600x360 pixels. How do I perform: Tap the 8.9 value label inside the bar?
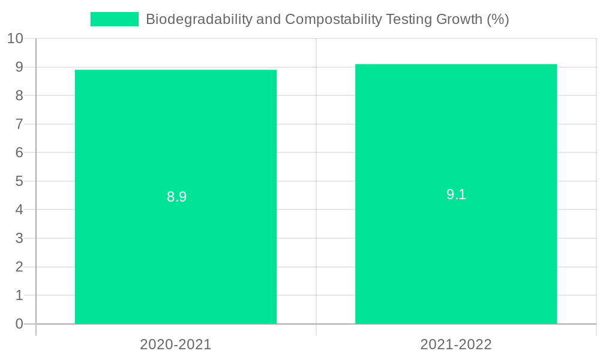(x=177, y=197)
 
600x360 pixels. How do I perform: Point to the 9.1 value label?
(x=456, y=194)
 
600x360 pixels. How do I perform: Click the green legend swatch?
(x=114, y=19)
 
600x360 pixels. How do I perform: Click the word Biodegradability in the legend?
(x=199, y=19)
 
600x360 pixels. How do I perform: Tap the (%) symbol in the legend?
(x=497, y=19)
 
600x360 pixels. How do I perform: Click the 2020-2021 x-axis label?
(x=176, y=344)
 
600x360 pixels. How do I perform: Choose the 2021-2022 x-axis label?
(x=456, y=344)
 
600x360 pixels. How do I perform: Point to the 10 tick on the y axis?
(x=15, y=38)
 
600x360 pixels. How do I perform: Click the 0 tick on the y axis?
(x=19, y=324)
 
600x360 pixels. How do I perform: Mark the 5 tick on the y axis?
(x=19, y=181)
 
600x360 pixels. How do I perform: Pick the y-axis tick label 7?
(x=19, y=124)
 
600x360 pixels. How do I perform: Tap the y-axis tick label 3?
(x=19, y=238)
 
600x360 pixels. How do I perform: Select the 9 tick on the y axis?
(x=19, y=67)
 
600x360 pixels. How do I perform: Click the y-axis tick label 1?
(x=19, y=295)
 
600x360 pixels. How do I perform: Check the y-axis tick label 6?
(x=19, y=152)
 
